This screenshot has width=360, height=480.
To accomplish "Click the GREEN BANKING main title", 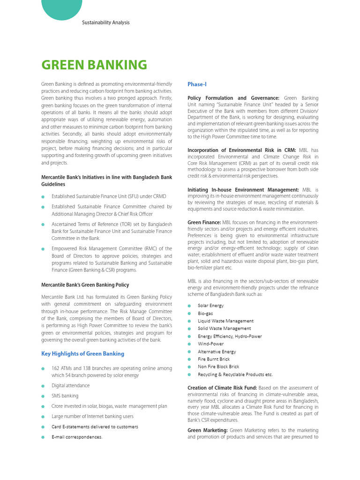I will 94,65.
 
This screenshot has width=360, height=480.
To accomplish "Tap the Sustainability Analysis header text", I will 105,22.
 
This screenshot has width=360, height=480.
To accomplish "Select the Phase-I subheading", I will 197,84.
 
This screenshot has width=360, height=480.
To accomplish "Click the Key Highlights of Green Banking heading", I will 83,353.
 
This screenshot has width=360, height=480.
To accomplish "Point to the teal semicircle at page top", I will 62,8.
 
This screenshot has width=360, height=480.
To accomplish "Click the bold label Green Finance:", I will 204,222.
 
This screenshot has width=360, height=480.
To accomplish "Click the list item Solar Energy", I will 210,306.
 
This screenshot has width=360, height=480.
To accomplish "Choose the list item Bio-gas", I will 205,313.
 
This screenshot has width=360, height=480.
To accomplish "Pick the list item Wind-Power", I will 210,344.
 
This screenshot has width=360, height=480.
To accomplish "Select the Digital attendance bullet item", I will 70,385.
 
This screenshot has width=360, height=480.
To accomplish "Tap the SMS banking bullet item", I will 65,396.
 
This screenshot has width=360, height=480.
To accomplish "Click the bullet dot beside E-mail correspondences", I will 43,437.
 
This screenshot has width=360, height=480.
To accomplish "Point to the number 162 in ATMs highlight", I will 56,368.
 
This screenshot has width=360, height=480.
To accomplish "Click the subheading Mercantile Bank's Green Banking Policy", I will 85,285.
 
